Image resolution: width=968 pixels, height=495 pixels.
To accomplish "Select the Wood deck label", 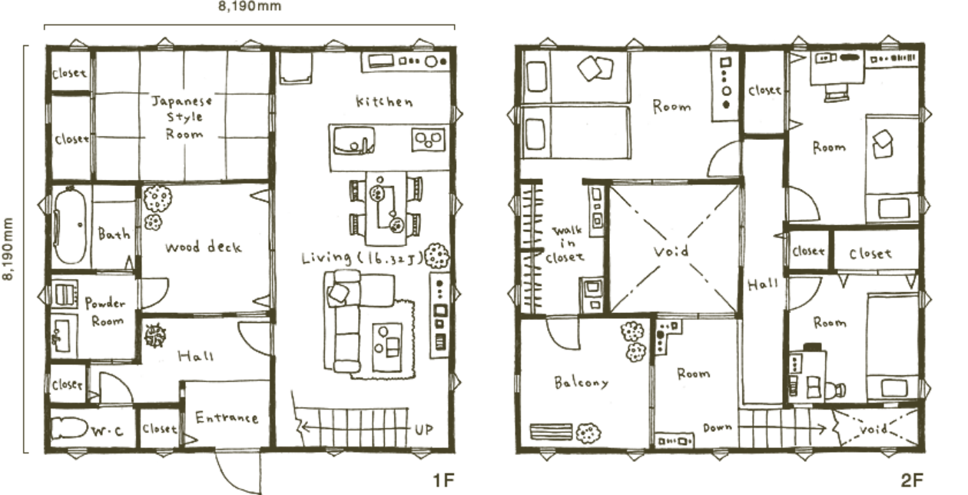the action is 203,247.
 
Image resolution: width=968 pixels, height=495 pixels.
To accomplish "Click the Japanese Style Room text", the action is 182,118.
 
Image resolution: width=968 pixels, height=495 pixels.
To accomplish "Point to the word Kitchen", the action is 384,101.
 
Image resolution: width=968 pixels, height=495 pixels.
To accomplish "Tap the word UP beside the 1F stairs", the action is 424,430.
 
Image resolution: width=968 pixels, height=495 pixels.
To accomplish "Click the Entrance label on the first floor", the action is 227,417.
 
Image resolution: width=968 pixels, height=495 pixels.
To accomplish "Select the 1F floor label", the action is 444,480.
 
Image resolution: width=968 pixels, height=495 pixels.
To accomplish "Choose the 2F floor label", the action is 912,480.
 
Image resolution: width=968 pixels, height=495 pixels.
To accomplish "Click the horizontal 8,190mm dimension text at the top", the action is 250,6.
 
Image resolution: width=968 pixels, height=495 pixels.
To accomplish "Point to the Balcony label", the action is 582,382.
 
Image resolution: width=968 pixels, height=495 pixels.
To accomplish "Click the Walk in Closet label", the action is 565,244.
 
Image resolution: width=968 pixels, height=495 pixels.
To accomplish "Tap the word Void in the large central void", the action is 671,251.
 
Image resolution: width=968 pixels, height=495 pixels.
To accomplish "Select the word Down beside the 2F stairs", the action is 718,427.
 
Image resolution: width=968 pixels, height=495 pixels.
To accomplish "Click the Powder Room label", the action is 105,312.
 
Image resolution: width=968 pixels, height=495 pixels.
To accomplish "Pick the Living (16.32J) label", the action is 362,257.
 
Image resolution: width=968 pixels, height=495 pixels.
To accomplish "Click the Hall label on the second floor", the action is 763,284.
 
